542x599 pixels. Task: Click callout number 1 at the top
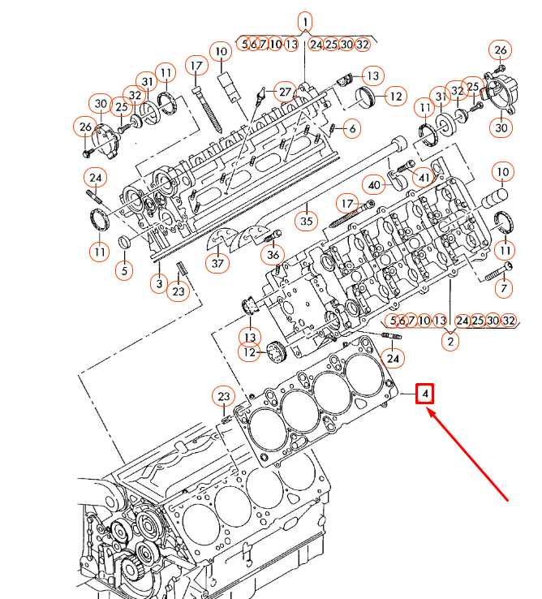click(305, 21)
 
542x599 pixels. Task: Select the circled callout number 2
click(449, 342)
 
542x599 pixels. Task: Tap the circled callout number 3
click(160, 282)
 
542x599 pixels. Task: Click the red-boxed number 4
click(425, 394)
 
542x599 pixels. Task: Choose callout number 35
click(306, 220)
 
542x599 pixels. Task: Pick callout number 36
click(273, 255)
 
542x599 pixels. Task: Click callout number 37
click(217, 263)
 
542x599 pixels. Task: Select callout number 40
click(373, 185)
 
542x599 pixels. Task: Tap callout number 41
click(424, 176)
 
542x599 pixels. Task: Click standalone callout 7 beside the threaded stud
click(503, 288)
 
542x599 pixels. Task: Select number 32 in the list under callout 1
click(362, 44)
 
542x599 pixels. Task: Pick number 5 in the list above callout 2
click(394, 321)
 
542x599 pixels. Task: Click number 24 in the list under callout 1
click(316, 44)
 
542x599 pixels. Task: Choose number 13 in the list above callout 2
click(440, 321)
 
